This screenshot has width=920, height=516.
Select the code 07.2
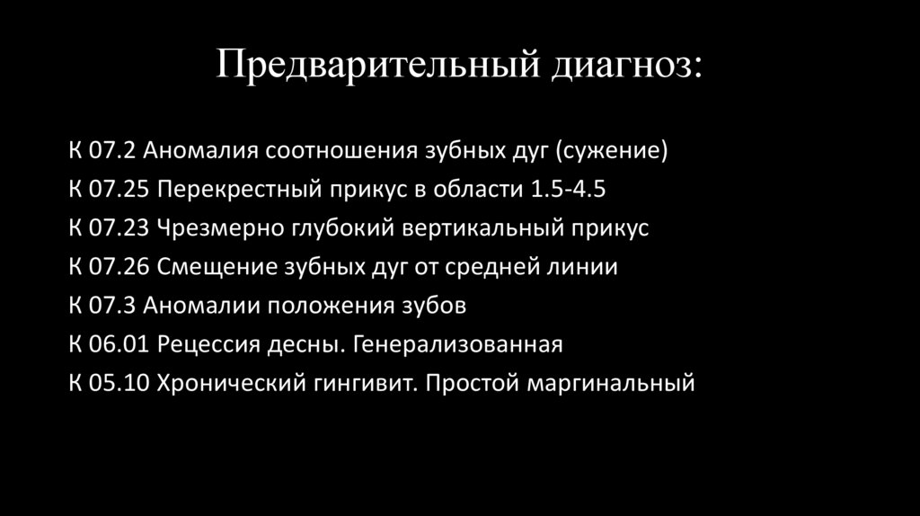coord(114,151)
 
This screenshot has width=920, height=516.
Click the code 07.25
coord(119,190)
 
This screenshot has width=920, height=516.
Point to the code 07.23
coord(119,228)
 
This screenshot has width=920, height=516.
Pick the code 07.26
coord(119,267)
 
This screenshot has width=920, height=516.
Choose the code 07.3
coord(114,306)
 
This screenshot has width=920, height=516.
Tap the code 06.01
coord(119,344)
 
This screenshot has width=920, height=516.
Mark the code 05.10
coord(119,383)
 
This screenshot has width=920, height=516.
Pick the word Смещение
coord(209,267)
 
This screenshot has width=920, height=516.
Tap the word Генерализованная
coord(457,344)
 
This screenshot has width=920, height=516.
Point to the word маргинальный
coord(612,383)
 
